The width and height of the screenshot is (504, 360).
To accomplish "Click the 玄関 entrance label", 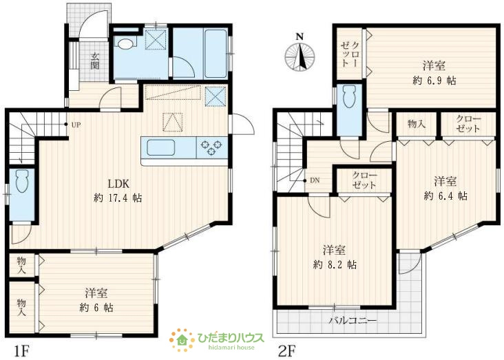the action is tap(94, 61).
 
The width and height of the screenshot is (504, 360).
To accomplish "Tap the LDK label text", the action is tap(118, 184).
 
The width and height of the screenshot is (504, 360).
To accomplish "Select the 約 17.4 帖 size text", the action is tap(118, 198).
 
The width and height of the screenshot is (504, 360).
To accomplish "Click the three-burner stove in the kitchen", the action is tap(212, 147).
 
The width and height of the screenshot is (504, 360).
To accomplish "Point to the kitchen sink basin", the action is tap(161, 148).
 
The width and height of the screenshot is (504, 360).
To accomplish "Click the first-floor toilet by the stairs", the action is tap(22, 181).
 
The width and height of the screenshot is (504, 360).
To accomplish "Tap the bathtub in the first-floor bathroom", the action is tap(216, 54).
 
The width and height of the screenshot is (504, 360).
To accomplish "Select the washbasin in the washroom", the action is tap(125, 44).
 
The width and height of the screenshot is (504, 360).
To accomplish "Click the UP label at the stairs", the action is tap(76, 125).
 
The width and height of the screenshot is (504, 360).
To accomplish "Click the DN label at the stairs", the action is tap(315, 180).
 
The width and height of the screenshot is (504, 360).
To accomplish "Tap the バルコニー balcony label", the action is tap(353, 321).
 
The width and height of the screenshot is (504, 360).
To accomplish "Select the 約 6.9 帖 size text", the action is tap(434, 81).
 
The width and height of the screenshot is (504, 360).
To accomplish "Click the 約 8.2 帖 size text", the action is tap(335, 265).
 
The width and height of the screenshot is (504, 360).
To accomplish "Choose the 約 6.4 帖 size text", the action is tap(445, 195).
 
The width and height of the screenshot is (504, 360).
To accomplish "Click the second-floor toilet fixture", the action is tap(350, 96).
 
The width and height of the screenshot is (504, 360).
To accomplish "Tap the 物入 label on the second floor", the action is tap(417, 124).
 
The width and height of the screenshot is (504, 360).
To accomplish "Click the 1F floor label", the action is tap(21, 350).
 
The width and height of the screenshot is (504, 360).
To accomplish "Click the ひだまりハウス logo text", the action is tap(231, 337).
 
